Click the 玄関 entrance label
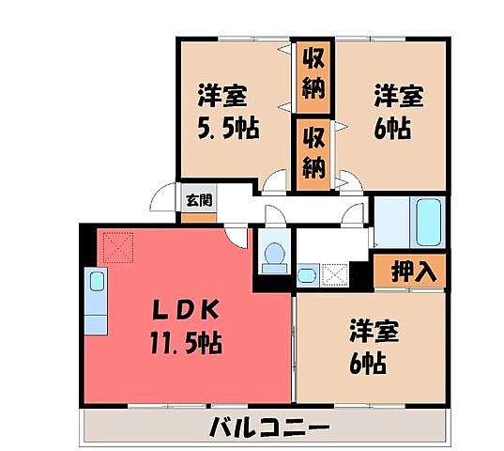tap(197, 199)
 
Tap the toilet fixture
tap(275, 256)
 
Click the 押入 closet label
tap(410, 272)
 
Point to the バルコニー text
tap(269, 428)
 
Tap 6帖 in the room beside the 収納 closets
tap(392, 129)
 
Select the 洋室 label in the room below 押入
tap(376, 331)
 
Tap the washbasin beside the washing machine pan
tap(307, 275)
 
